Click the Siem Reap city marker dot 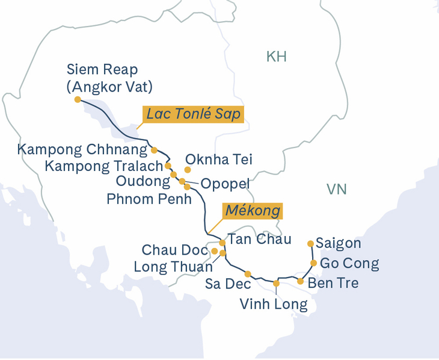click(78, 99)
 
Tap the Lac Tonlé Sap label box click(193, 114)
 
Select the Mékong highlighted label click(253, 211)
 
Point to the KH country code click(276, 57)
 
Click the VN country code click(336, 190)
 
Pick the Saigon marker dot click(310, 244)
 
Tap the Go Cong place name click(349, 263)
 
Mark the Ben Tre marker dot click(300, 281)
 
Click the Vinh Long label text click(274, 304)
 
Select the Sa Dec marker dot click(248, 274)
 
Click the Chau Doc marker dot click(215, 250)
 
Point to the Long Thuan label click(173, 265)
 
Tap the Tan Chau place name click(260, 240)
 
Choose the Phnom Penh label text click(149, 199)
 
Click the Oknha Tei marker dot click(188, 170)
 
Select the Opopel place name click(225, 183)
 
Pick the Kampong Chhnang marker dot click(154, 150)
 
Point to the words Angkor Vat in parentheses click(109, 87)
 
